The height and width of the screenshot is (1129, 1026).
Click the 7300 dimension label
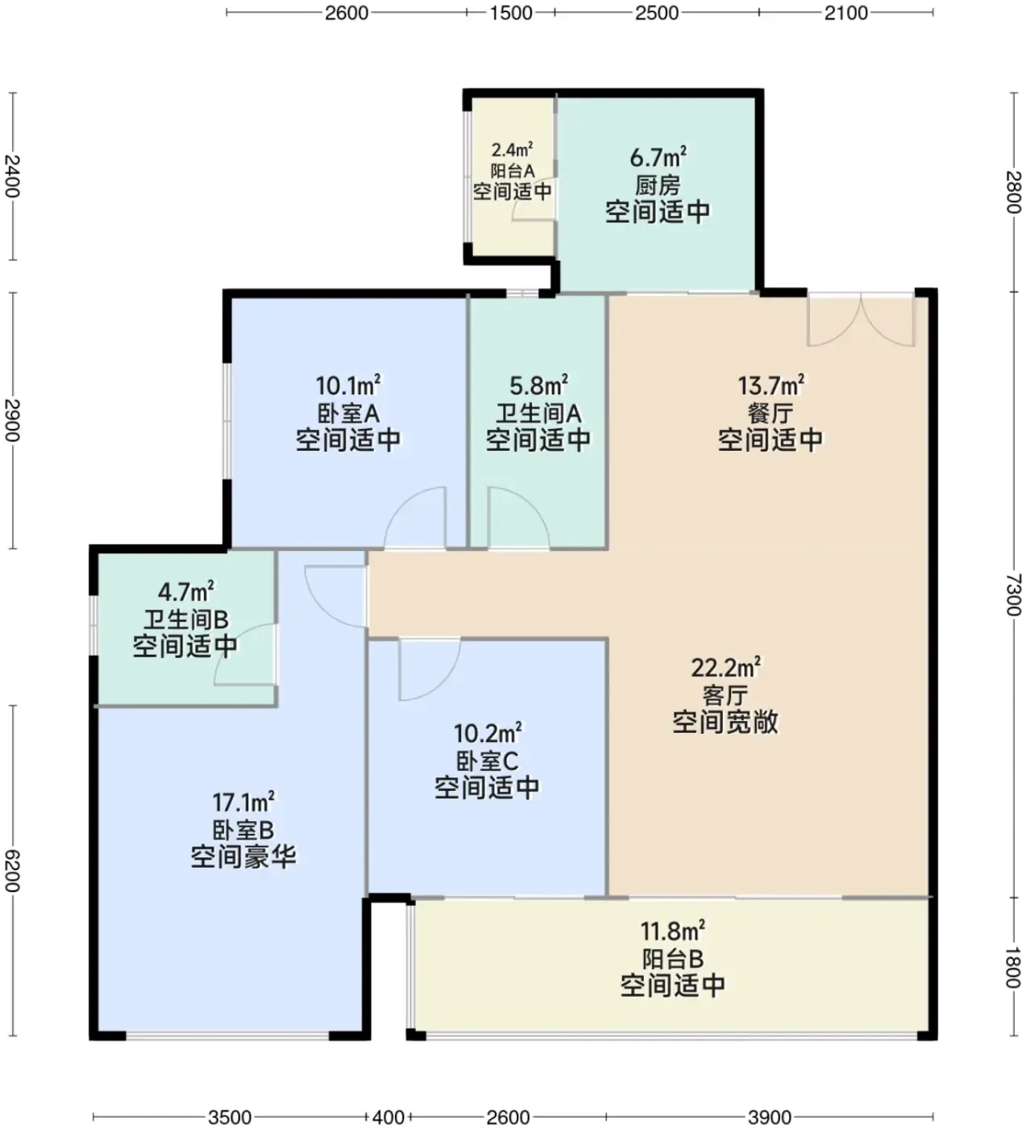(1013, 595)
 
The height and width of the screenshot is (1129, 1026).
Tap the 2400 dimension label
(12, 176)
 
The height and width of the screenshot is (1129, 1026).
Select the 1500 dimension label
(511, 12)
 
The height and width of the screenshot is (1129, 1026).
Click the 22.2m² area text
(725, 668)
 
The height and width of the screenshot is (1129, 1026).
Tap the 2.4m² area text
(512, 150)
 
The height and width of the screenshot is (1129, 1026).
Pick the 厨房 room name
(658, 185)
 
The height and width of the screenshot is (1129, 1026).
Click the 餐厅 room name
(771, 414)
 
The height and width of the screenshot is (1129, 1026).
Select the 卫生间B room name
(185, 619)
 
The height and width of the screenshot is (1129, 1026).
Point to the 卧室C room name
(487, 761)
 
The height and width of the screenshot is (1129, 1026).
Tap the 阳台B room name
(673, 959)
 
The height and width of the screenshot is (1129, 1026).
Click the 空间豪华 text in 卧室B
(243, 857)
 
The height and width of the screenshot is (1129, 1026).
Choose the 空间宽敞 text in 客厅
(725, 722)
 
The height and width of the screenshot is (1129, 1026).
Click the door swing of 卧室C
(430, 670)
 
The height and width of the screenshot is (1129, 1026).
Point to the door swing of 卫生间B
(245, 655)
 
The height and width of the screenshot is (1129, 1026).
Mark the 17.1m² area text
(243, 802)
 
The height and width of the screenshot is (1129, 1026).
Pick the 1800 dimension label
(1013, 968)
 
